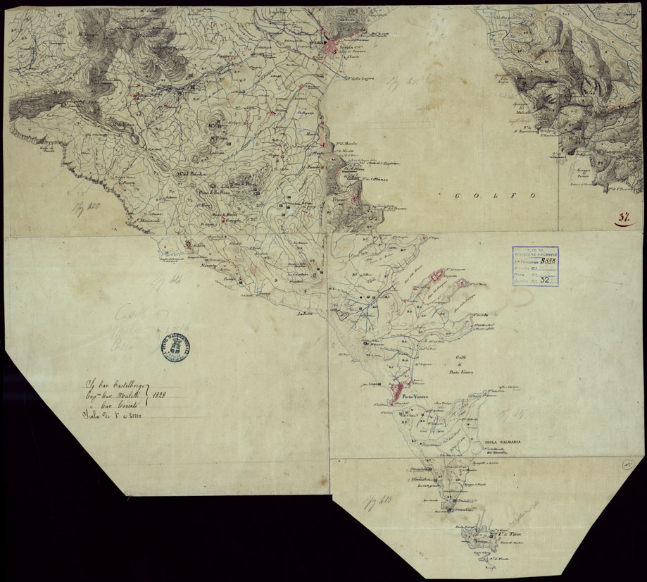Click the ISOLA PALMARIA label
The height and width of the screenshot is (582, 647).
pyautogui.click(x=502, y=442)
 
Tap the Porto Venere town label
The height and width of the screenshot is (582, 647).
pyautogui.click(x=416, y=397)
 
